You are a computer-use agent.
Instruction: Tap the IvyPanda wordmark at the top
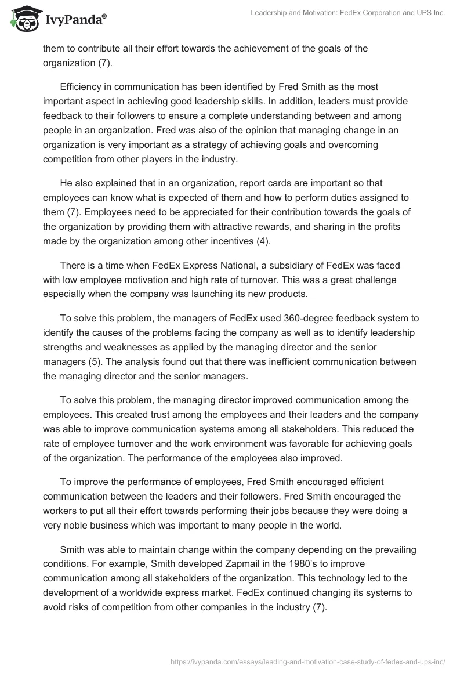[74, 21]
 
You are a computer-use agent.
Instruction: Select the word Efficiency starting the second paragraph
[81, 86]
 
